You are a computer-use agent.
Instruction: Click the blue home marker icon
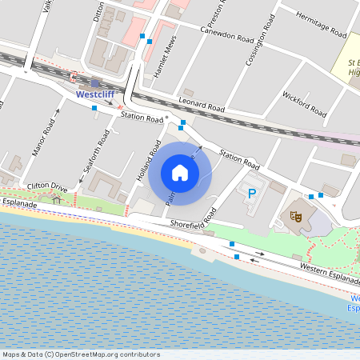pos(180,172)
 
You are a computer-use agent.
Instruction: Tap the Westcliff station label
pos(95,93)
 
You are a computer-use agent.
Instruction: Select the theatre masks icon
pos(295,214)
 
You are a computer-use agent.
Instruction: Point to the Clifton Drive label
pos(46,186)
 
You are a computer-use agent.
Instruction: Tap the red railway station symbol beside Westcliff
pos(74,78)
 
